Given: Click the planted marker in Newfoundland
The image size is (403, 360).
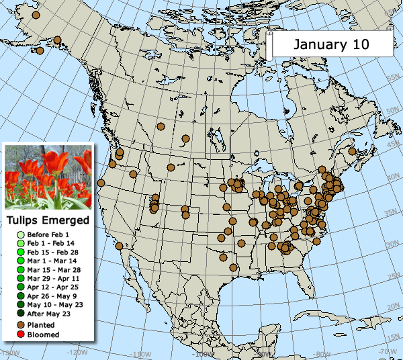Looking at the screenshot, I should pyautogui.click(x=351, y=152).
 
